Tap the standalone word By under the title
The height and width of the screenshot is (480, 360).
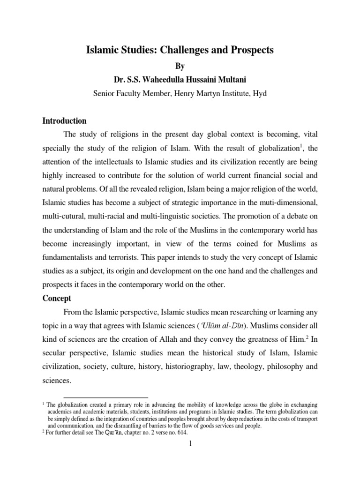[x=180, y=66]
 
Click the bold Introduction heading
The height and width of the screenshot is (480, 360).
[x=64, y=120]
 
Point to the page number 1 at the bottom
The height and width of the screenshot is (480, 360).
[x=180, y=444]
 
